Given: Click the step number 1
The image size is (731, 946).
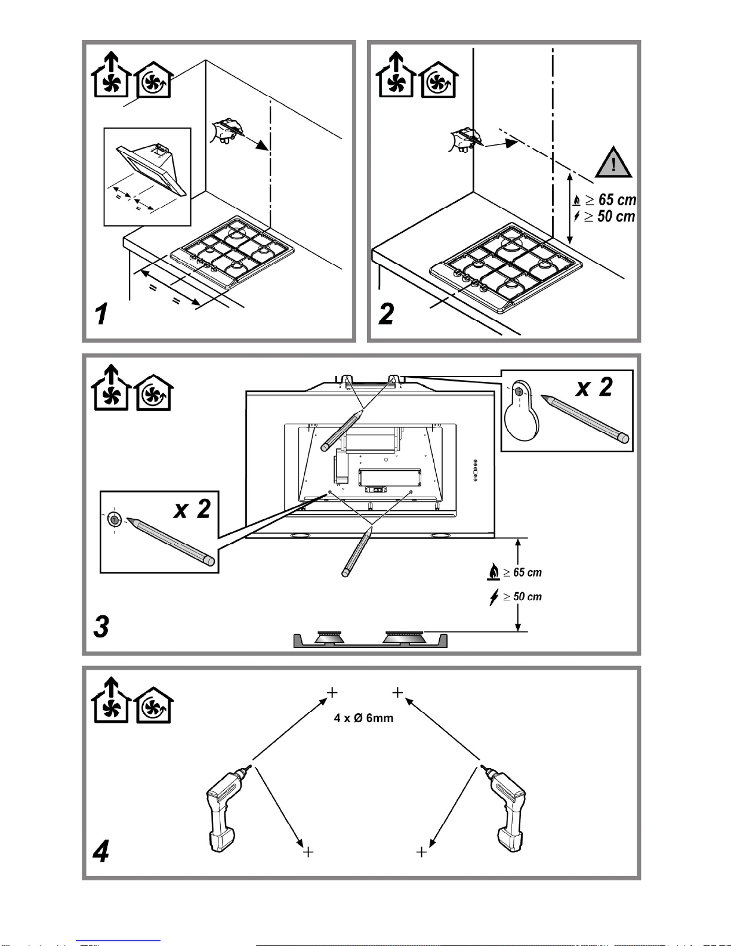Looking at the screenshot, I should coord(102,313).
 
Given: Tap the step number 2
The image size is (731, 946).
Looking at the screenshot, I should coord(387,313).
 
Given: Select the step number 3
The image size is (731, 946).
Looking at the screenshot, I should coord(101,626).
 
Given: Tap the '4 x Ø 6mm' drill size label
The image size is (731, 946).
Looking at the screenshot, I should coord(363,718).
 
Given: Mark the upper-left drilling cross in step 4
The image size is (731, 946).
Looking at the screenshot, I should coord(332,692).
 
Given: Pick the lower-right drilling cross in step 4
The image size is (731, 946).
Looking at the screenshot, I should coord(422,852).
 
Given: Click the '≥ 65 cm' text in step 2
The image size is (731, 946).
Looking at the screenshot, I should coord(610,199).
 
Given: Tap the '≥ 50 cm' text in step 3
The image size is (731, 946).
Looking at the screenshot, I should coord(523,596).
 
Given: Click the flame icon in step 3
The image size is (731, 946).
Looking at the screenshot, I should coord(493,572).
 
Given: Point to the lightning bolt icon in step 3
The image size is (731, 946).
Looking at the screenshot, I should coord(493,596).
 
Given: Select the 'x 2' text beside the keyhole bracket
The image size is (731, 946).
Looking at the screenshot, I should coord(594,388).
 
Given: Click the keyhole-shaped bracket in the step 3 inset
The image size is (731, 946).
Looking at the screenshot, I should coord(521,412).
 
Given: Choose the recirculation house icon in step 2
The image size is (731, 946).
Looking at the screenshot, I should coord(439,80).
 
